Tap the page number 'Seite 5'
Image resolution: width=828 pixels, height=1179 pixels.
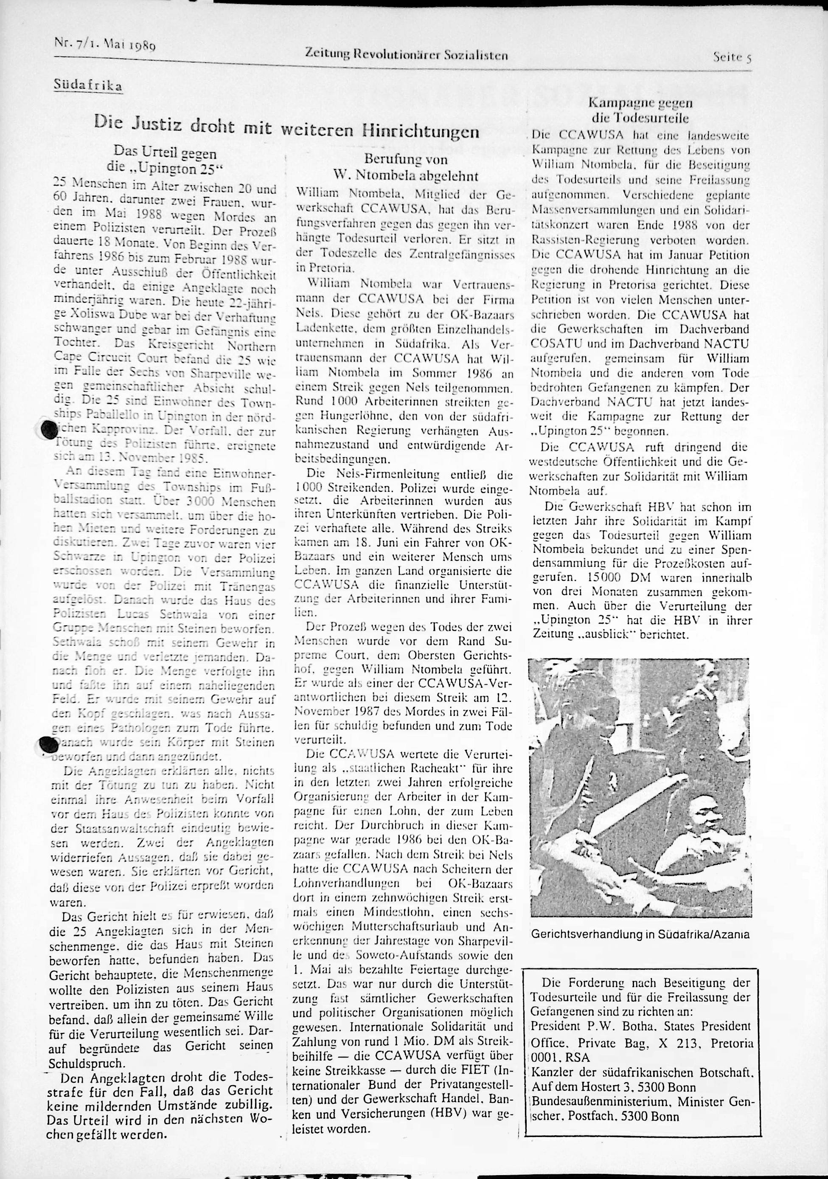point(732,57)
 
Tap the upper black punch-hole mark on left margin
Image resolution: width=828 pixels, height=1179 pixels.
point(49,429)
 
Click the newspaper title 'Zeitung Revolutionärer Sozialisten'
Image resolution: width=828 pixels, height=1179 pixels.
point(406,54)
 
